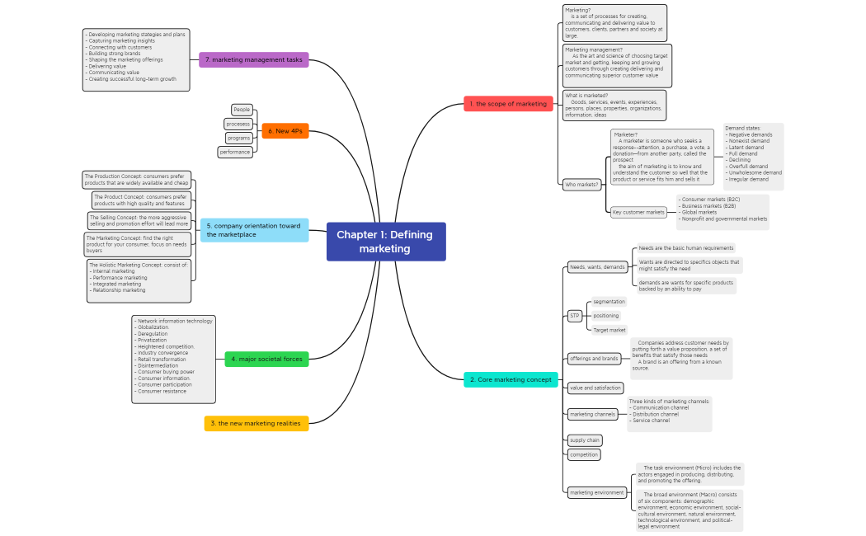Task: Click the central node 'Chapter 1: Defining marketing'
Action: [x=385, y=242]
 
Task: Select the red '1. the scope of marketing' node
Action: [x=508, y=104]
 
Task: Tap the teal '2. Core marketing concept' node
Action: [x=511, y=379]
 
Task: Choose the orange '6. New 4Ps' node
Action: [x=285, y=131]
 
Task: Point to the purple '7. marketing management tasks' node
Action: [x=254, y=60]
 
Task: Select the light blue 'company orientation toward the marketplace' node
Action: [x=254, y=230]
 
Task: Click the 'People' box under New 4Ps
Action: [x=242, y=110]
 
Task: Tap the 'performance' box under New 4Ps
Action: [x=235, y=152]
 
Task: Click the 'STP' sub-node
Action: [x=575, y=316]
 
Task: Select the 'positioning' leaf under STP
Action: [x=606, y=316]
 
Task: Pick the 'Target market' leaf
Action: [x=609, y=330]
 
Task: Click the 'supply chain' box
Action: [x=585, y=440]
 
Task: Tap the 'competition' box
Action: [x=584, y=454]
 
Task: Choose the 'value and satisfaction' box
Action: [x=595, y=388]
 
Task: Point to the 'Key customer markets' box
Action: [x=638, y=212]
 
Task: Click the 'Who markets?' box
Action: [x=581, y=185]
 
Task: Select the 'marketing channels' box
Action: [x=592, y=414]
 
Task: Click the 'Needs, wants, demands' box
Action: [x=598, y=267]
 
